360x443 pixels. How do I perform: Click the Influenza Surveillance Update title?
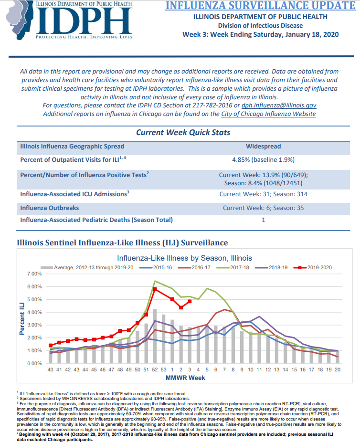[260, 6]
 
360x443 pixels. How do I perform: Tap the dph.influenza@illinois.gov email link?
[279, 105]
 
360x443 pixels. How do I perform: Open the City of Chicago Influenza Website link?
[268, 114]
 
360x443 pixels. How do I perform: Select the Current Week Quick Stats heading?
[183, 133]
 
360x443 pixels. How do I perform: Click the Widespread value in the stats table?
[264, 147]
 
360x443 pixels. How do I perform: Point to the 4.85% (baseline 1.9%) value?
[264, 160]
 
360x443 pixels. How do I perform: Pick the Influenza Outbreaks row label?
[50, 208]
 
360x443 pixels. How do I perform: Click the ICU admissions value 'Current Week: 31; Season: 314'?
[264, 194]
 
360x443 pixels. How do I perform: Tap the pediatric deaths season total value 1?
[264, 220]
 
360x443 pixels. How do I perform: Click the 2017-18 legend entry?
[233, 267]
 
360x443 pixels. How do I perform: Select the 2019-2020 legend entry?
[313, 267]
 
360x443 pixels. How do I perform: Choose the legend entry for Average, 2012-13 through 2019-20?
[87, 267]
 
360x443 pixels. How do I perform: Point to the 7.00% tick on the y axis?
[34, 274]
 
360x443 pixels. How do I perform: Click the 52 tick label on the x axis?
[155, 369]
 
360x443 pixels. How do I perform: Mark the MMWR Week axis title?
[185, 378]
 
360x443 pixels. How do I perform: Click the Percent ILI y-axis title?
[22, 319]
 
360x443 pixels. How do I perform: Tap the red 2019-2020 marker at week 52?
[155, 289]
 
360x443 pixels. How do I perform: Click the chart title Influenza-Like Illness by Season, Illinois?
[184, 258]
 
